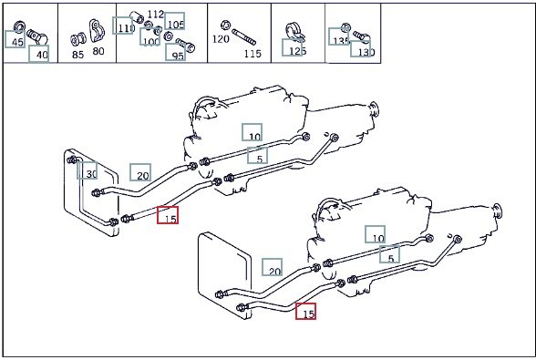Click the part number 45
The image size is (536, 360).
pos(17,43)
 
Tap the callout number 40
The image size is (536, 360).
pos(42,55)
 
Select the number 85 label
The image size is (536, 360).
pos(78,55)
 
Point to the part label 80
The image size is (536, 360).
pos(98,51)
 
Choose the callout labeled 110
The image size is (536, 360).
pos(126,27)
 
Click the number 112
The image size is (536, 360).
pos(156,14)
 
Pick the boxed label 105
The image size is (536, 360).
pos(176,25)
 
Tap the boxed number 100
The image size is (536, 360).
pos(150,41)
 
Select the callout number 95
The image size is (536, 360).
pos(178,56)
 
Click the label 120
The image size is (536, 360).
pos(221,39)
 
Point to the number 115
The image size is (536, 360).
pos(253,54)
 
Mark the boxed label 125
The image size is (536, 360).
pos(297,51)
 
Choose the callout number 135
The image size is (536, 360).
pos(341,41)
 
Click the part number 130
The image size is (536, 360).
pos(366,52)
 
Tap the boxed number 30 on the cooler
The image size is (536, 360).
pos(91,174)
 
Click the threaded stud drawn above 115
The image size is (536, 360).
pos(243,37)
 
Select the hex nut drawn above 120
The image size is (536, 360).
pos(225,25)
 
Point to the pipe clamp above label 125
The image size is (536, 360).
pos(294,33)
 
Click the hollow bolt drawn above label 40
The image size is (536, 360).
pos(36,37)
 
